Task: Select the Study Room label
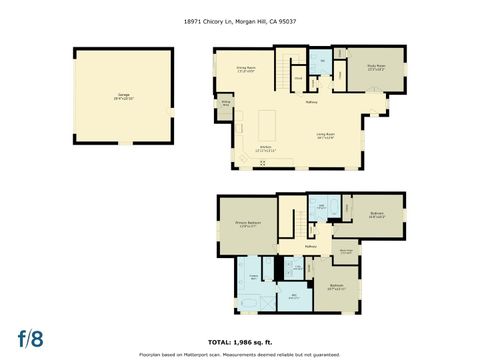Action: (376, 68)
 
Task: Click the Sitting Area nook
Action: (226, 104)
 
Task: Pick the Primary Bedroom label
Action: (247, 224)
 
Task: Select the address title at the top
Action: (239, 19)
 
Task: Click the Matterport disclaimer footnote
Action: (239, 353)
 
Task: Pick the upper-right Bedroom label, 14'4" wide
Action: (377, 214)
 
